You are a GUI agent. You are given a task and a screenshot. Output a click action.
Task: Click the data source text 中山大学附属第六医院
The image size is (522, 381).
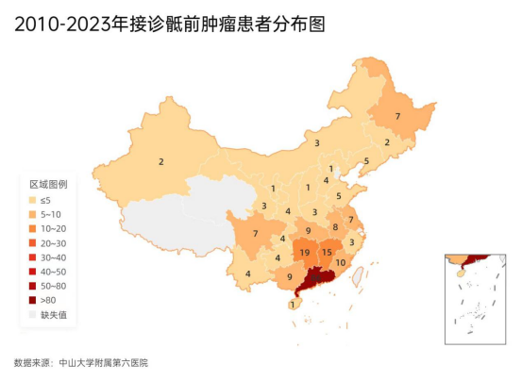103,362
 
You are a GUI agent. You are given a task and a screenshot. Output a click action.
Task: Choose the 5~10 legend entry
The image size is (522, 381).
50,214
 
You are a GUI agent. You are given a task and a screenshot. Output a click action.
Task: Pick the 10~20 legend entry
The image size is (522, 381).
52,228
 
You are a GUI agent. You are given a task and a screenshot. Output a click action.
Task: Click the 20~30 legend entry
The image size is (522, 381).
52,242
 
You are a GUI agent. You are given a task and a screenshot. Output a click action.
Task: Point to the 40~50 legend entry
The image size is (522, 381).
52,271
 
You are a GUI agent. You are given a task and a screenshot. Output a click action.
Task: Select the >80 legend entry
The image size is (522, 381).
48,300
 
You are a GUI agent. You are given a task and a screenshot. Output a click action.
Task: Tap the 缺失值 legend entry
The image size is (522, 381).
52,314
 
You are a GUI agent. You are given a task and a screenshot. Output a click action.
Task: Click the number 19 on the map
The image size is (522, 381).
304,253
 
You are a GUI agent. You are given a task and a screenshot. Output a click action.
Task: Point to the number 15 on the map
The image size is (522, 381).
327,252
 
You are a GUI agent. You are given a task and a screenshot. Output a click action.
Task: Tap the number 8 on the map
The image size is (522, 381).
334,227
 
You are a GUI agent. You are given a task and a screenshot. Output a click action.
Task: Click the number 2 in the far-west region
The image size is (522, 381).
161,162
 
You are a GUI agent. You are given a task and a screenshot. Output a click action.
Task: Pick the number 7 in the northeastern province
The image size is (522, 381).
397,116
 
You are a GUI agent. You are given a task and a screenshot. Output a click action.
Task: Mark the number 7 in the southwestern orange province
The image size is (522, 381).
255,233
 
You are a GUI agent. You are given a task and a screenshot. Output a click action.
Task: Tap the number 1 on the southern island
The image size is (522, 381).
294,304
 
